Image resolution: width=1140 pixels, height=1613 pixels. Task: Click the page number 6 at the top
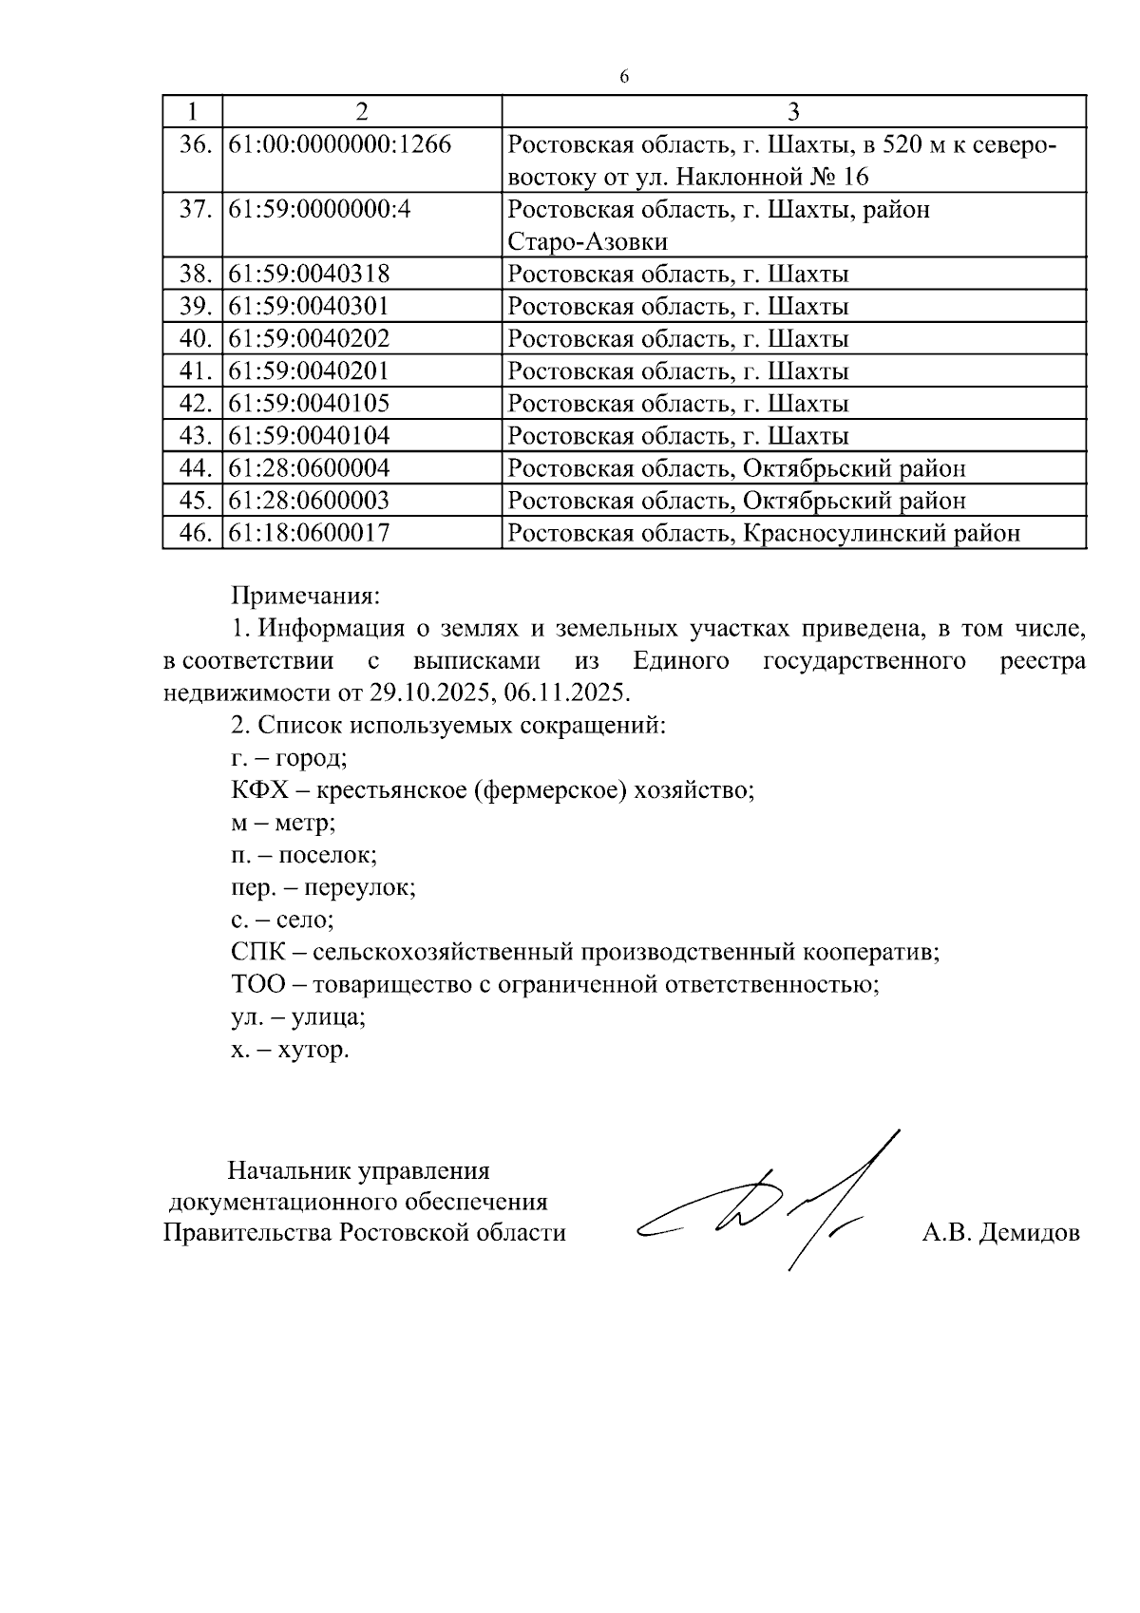(x=623, y=77)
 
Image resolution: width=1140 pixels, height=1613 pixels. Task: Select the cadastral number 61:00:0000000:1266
(x=339, y=145)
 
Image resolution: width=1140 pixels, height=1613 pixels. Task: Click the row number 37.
(x=195, y=210)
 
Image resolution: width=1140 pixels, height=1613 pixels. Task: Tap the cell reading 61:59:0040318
(x=310, y=275)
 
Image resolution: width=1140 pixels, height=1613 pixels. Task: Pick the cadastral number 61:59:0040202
(x=310, y=339)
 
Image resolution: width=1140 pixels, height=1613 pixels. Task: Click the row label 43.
(x=195, y=436)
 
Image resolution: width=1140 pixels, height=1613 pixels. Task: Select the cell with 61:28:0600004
(x=310, y=468)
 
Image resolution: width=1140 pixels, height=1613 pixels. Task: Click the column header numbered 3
(x=793, y=112)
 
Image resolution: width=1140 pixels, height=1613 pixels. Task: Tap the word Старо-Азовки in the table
(x=587, y=241)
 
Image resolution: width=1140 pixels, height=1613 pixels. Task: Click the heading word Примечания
(x=305, y=597)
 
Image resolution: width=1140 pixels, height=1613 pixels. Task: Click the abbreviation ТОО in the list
(x=257, y=984)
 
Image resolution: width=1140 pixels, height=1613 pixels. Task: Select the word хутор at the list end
(x=313, y=1051)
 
